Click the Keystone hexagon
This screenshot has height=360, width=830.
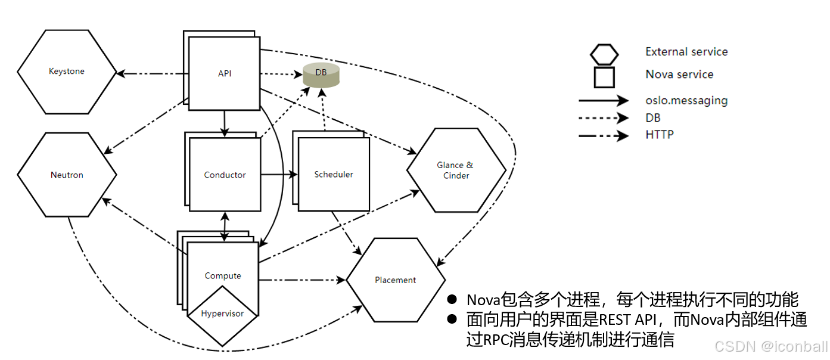67,72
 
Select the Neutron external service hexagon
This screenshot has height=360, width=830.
67,175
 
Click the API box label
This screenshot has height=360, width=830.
225,74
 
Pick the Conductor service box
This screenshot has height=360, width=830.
225,175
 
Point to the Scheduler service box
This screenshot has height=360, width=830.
334,175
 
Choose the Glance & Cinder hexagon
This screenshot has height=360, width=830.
456,170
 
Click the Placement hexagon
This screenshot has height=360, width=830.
396,280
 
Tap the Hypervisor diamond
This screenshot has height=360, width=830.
222,314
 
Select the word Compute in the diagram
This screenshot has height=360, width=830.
223,276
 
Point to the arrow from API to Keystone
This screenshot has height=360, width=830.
152,74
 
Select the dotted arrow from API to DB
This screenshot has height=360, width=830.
280,75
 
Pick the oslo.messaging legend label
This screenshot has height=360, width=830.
686,100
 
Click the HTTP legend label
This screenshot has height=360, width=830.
660,135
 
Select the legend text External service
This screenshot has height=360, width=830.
686,52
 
